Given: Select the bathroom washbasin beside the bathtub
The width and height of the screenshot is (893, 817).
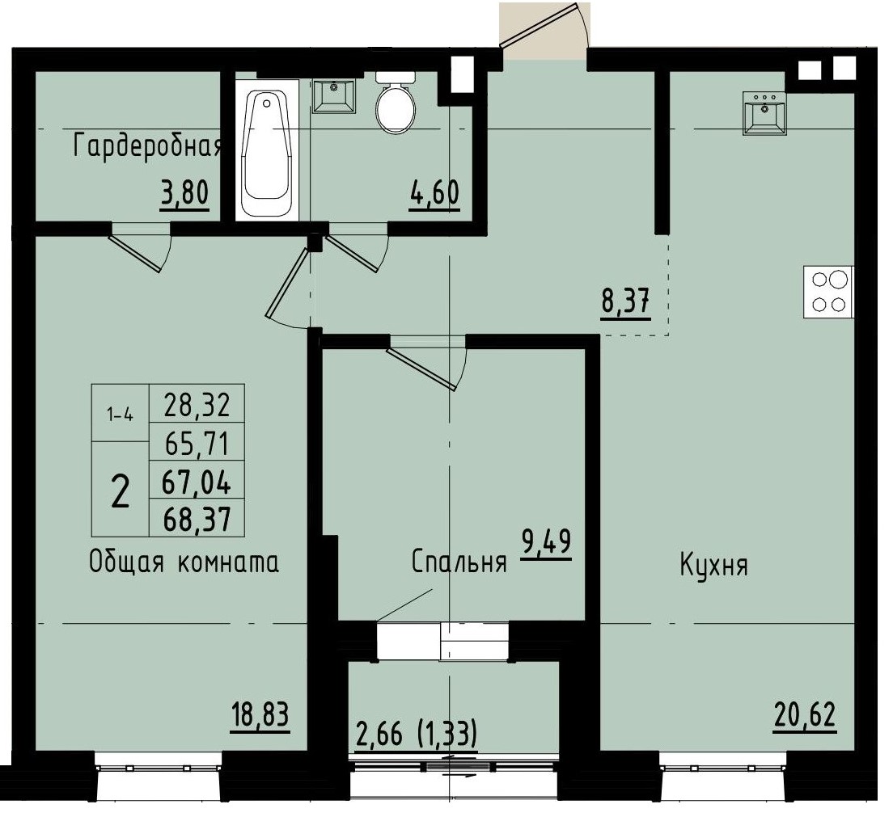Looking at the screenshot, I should (x=332, y=96).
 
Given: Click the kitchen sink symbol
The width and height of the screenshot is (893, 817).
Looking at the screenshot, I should (x=764, y=112).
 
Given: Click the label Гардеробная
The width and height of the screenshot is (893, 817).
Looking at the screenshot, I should (x=147, y=147).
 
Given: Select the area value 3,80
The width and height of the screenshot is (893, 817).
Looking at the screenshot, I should (x=184, y=195).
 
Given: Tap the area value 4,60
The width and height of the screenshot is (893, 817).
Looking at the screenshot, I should (x=434, y=195).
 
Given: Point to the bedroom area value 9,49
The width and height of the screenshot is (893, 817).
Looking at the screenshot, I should (x=547, y=542).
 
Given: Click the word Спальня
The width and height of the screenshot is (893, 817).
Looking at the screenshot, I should (x=459, y=562).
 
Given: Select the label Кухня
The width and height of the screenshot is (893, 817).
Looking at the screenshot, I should (x=713, y=565).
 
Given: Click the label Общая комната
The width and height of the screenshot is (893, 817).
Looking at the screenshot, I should (x=184, y=563).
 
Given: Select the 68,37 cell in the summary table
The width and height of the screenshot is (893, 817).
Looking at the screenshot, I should (x=197, y=518).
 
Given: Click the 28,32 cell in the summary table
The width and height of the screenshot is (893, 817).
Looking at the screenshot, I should (x=197, y=402).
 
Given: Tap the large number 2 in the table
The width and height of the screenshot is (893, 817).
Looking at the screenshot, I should (x=120, y=490).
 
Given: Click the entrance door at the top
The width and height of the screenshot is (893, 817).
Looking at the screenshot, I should (x=542, y=32).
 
